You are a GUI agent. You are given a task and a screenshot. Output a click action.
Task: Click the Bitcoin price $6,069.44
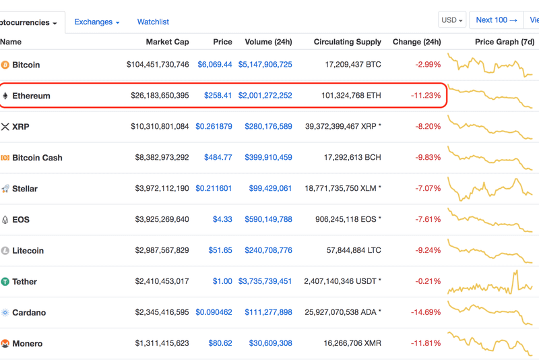[x=214, y=65]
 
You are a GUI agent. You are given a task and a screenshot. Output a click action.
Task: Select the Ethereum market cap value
[x=160, y=96]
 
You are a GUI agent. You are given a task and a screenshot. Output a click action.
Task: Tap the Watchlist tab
[x=153, y=22]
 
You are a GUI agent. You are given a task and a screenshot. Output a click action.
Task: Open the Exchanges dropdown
[x=96, y=22]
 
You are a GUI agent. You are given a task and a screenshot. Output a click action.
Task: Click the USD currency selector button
[x=451, y=20]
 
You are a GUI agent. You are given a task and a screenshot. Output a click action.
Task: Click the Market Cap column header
[x=167, y=42]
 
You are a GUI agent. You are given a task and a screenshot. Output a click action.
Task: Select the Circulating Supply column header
[x=347, y=42]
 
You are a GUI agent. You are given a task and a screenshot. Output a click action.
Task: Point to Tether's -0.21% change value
[x=427, y=282]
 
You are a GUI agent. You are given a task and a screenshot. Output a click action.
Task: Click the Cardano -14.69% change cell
[x=425, y=313]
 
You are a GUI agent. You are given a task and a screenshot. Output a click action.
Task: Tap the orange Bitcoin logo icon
[x=5, y=65]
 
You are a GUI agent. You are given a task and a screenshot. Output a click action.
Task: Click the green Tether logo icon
[x=5, y=282]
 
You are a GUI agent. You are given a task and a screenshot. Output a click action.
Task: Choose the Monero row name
[x=28, y=344]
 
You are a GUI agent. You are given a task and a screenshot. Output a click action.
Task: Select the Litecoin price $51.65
[x=220, y=251]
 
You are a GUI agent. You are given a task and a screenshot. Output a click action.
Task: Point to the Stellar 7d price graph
[x=490, y=188]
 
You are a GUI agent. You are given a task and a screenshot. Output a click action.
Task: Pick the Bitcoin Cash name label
[x=37, y=158]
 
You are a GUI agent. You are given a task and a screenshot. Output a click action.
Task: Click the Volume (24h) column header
[x=268, y=42]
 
